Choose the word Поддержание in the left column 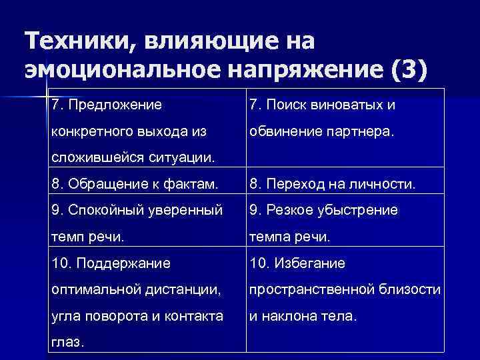[x=123, y=263]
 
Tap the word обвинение [x=283, y=131]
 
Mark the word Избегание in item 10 [x=307, y=263]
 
